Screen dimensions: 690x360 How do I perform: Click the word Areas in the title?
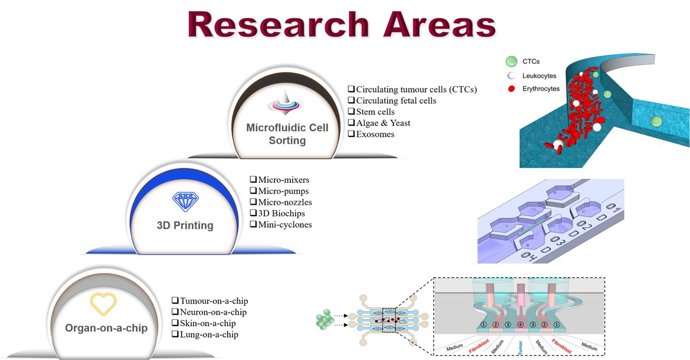[x=436, y=25]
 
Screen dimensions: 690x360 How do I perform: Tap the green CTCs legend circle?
[x=510, y=62]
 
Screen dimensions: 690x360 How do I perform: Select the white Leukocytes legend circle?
[x=510, y=75]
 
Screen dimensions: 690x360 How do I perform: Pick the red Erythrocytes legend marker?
[x=510, y=89]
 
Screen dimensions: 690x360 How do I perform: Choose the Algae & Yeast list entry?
[x=383, y=122]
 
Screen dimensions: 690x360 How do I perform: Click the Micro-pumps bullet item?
[x=279, y=191]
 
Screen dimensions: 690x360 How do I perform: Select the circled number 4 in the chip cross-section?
[x=520, y=325]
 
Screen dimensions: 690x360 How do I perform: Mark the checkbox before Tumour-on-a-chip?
[x=175, y=301]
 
